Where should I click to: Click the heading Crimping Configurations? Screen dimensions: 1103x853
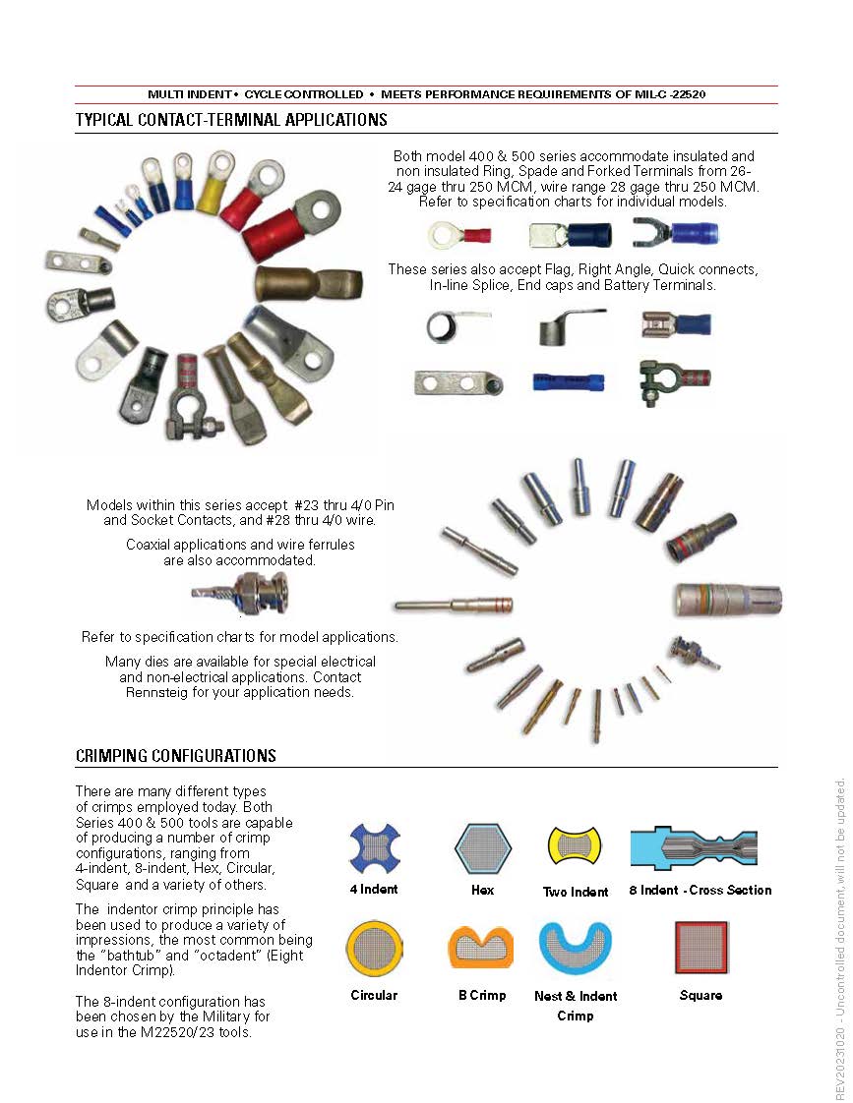coord(175,756)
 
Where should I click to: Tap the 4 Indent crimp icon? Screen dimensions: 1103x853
coord(375,848)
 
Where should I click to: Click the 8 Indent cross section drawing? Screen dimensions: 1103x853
coord(701,846)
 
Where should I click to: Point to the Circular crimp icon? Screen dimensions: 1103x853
coord(374,948)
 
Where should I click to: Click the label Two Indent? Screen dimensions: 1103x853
coord(576,892)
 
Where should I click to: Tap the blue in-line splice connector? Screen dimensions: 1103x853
coord(568,381)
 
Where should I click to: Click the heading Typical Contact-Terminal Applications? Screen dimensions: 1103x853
coord(231,120)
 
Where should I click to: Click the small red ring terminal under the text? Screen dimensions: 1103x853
coord(459,235)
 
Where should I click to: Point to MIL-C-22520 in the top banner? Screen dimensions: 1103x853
coord(661,94)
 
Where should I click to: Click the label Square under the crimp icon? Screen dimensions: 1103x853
coord(701,995)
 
